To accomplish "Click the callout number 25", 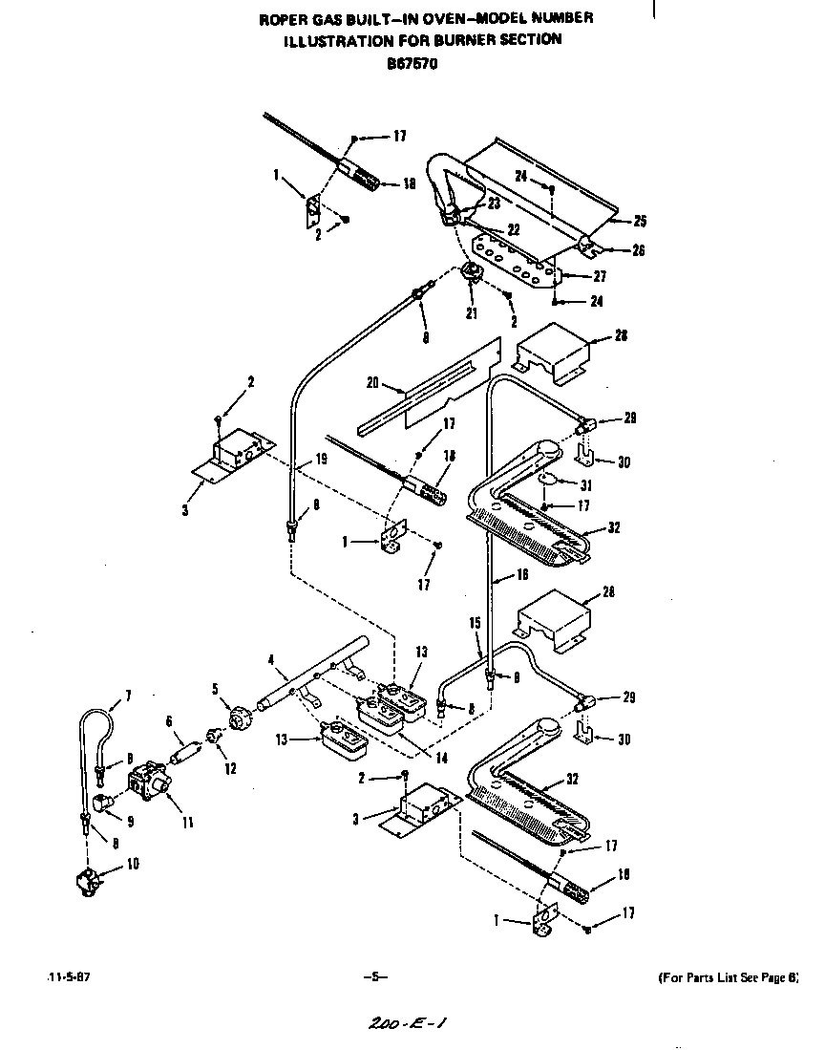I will coord(639,221).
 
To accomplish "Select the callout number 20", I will coord(373,383).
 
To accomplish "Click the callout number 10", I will coord(133,866).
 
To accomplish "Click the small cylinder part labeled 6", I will coord(181,745).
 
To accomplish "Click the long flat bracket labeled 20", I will coord(430,392).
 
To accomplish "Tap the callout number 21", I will coord(471,314).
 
